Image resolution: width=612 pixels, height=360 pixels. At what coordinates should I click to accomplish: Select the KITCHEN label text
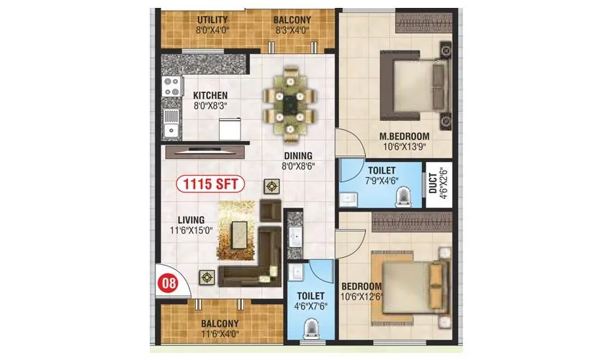click(210, 95)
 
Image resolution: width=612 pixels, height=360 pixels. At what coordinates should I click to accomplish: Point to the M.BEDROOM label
click(405, 136)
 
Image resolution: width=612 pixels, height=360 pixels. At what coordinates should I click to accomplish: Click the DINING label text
click(297, 155)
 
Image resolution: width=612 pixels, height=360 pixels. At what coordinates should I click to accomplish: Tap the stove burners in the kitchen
click(171, 88)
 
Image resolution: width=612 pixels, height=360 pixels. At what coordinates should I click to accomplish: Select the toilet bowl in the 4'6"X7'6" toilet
click(311, 329)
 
